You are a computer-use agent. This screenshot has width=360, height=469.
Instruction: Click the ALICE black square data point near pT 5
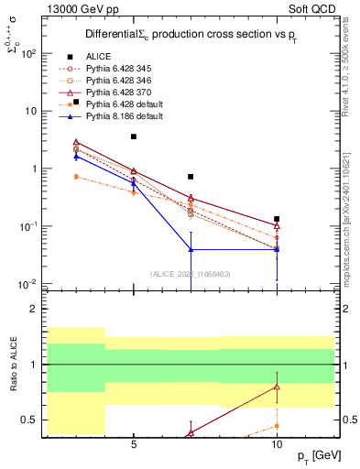[x=134, y=136]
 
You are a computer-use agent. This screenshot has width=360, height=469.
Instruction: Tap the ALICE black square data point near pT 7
[x=191, y=177]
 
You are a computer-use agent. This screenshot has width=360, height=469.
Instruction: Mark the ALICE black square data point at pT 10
[x=277, y=219]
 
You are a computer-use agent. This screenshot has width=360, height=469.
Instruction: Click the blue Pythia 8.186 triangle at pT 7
[x=191, y=249]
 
